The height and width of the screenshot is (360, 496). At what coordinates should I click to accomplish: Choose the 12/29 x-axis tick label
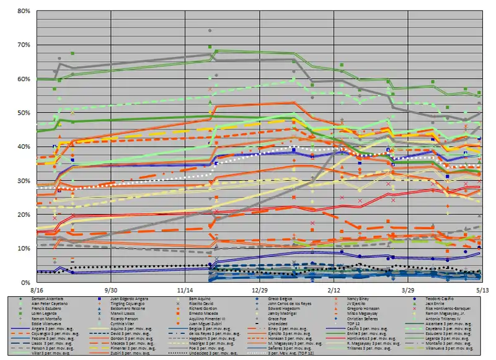point(259,289)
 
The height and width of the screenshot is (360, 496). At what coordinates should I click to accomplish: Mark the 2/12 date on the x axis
point(334,289)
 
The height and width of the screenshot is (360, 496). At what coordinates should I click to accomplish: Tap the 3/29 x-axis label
point(407,289)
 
